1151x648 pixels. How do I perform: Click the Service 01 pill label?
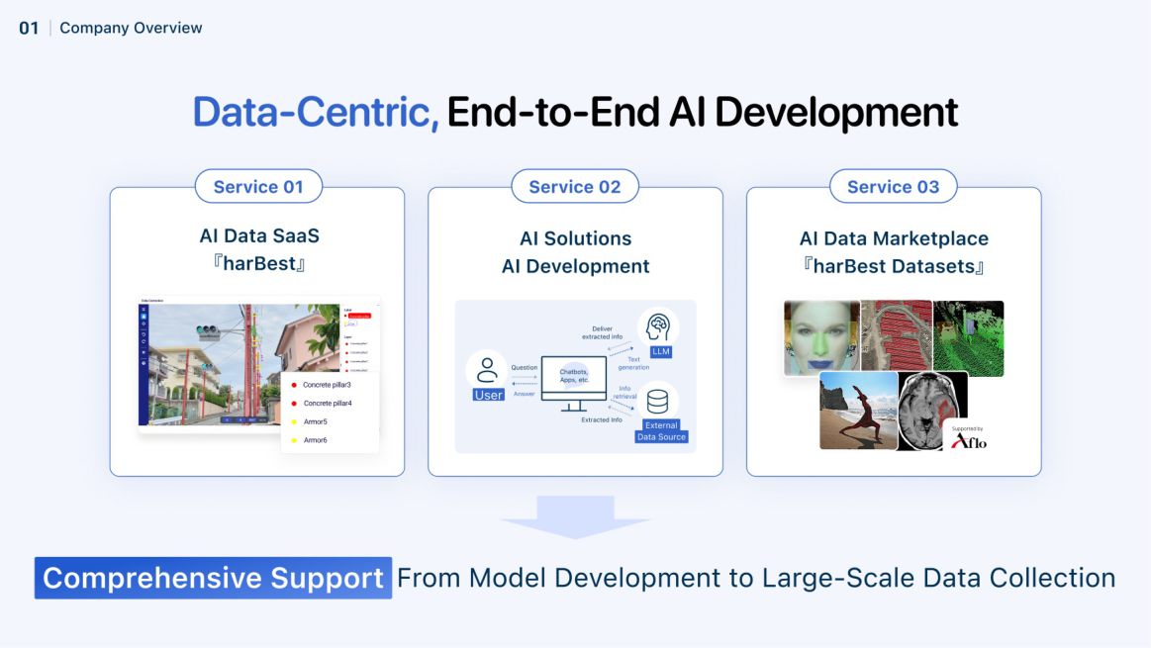coord(258,187)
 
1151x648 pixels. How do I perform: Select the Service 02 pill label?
coord(575,187)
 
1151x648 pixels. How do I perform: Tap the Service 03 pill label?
coord(893,187)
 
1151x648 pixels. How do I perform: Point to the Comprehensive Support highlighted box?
coord(213,578)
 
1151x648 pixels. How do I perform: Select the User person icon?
coord(487,371)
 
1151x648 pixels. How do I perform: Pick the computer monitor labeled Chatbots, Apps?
coord(574,382)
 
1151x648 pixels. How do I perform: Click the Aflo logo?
coord(969,439)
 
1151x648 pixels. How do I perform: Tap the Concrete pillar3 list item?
coord(328,384)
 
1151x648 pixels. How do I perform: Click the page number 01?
coord(29,28)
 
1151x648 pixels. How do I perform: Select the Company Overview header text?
coord(131,28)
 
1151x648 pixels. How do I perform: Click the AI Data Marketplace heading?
coord(893,238)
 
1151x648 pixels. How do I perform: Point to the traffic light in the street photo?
coord(209,331)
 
